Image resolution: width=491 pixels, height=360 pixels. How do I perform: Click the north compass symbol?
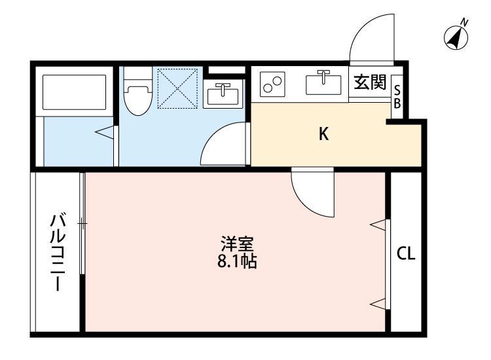[x=457, y=37]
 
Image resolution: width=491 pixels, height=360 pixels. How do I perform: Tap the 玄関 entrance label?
[x=370, y=83]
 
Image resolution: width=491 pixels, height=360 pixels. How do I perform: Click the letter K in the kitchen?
[x=323, y=135]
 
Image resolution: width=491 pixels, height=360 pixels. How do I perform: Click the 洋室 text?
[x=237, y=245]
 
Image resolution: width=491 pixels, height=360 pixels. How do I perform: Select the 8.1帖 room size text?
[x=237, y=262]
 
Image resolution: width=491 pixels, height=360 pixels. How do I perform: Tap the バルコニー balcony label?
[x=57, y=251]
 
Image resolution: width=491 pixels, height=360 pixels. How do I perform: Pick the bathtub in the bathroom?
[x=74, y=92]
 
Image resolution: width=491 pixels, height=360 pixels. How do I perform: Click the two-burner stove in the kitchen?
[x=272, y=84]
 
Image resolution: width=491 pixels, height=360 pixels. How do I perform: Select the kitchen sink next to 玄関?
[x=323, y=84]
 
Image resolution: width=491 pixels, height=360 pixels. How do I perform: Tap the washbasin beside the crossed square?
[x=223, y=95]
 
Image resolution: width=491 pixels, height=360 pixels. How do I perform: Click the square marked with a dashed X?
[x=177, y=87]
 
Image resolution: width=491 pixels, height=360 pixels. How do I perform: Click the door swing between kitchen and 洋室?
[x=314, y=192]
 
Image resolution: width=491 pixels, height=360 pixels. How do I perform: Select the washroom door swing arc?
[x=223, y=145]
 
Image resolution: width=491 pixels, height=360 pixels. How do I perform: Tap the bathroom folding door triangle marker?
[x=104, y=133]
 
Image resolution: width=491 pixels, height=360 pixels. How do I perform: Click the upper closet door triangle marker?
[x=378, y=225]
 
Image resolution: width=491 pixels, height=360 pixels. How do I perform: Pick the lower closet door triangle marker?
[x=378, y=302]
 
